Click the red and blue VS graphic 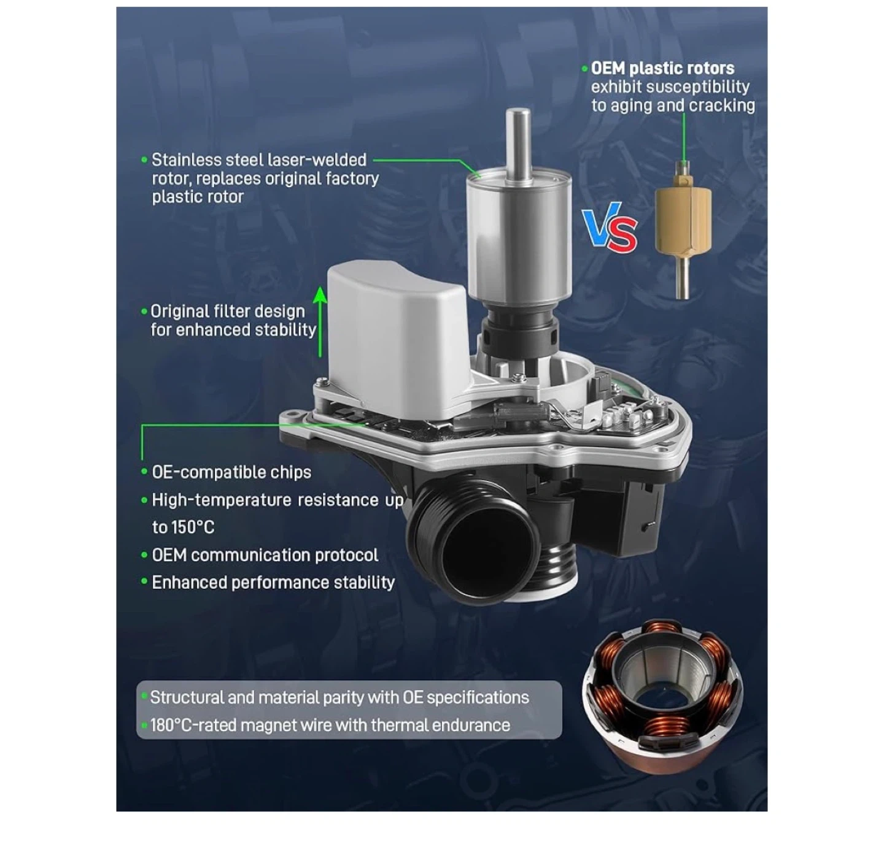tap(610, 227)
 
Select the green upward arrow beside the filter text tap(320, 321)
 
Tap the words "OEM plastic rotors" tap(663, 68)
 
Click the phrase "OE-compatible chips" tap(231, 472)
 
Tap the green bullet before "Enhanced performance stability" tap(144, 581)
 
